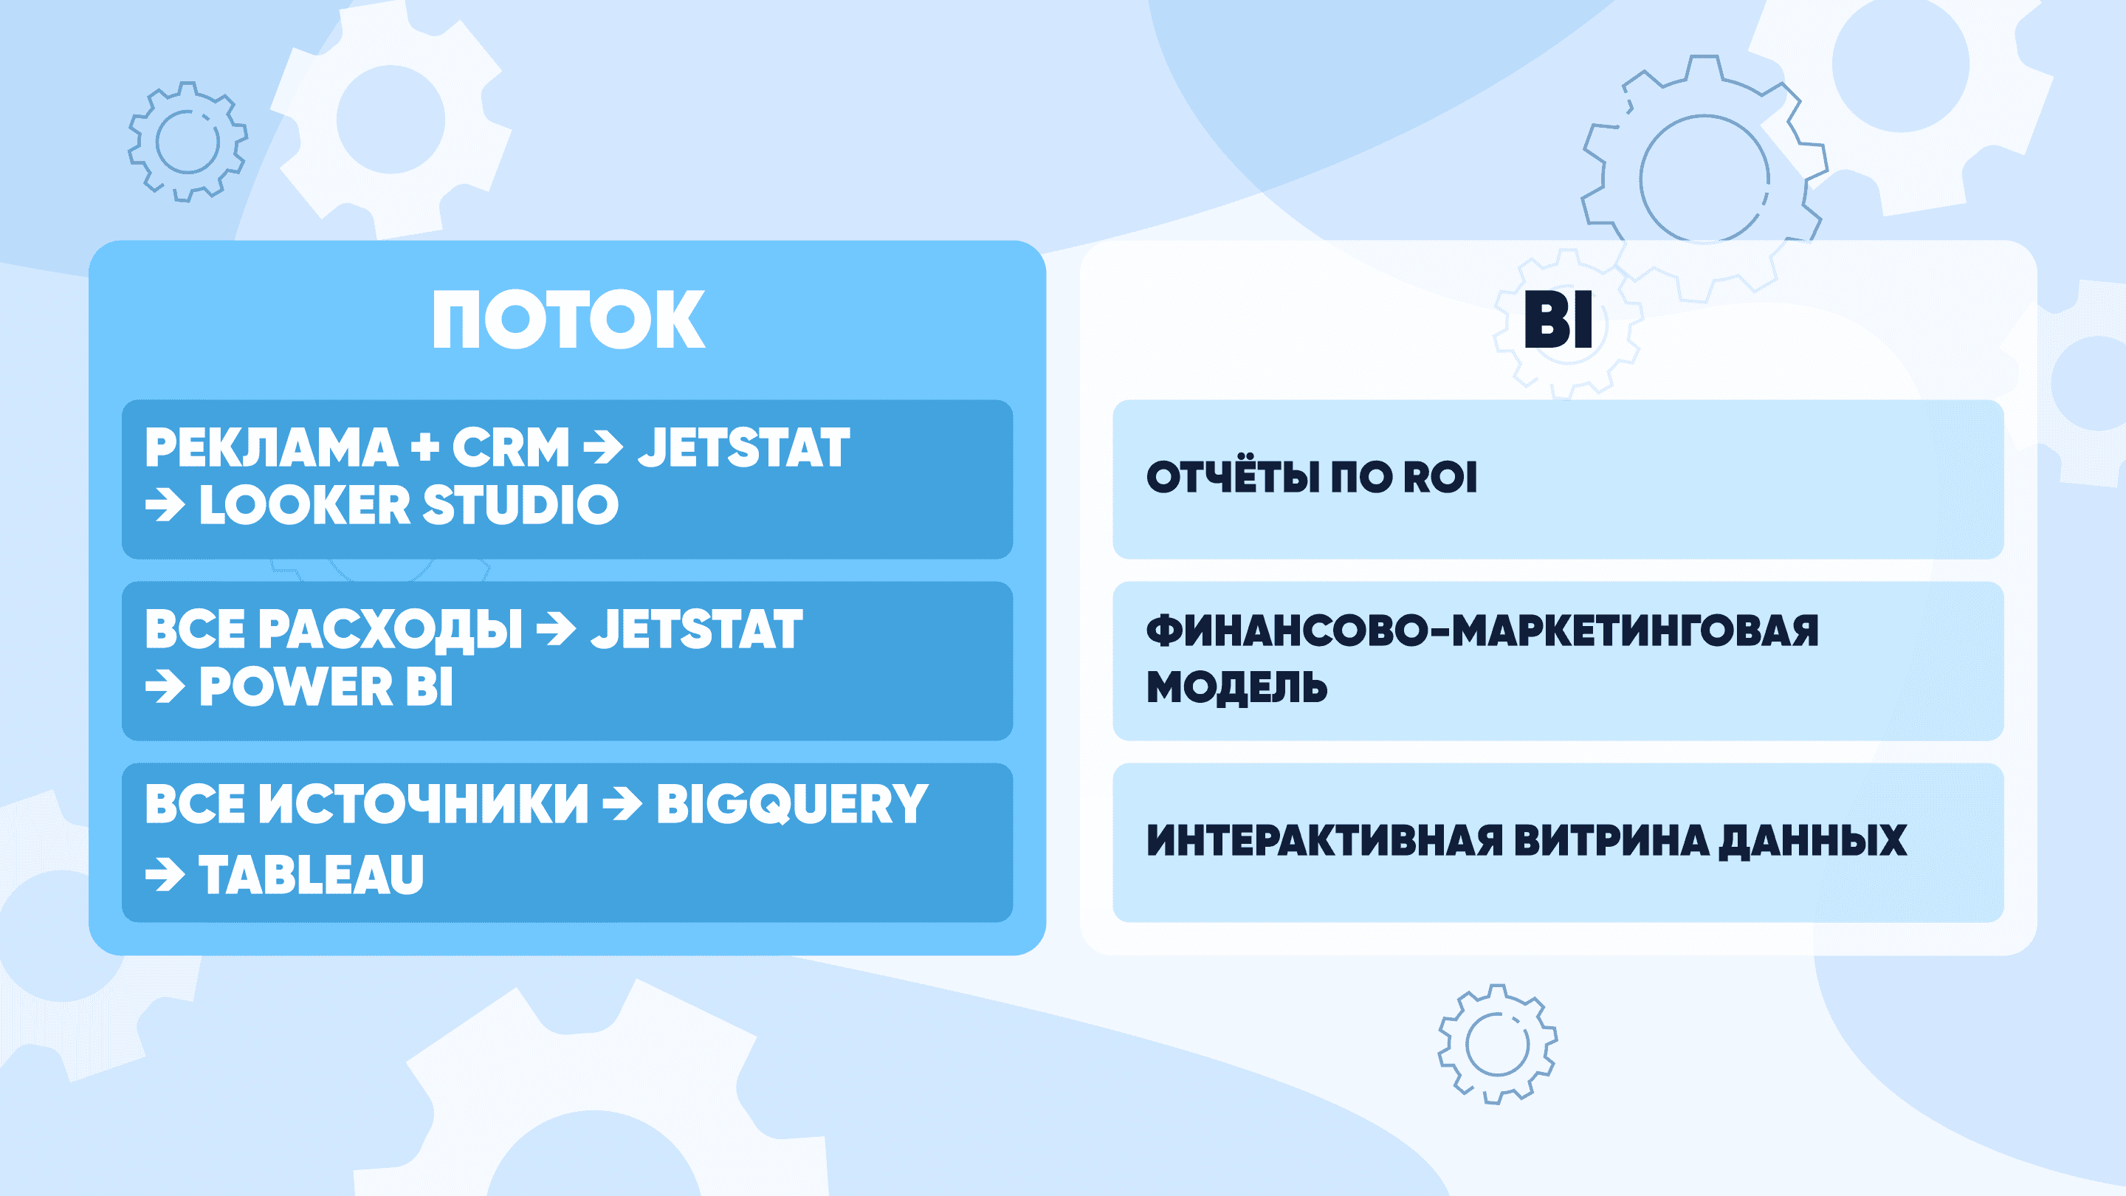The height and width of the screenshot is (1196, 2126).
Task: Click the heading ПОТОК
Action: pos(568,320)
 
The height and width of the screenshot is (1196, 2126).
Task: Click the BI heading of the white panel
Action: pos(1558,320)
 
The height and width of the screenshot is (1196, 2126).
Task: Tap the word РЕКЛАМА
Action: pos(272,447)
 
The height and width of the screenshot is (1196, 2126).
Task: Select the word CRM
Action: pos(511,447)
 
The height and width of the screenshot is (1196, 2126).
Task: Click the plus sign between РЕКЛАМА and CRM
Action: pos(425,448)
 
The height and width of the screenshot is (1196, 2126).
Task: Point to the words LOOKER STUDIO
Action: pos(408,504)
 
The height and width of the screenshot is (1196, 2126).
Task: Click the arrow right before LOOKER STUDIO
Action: pos(165,505)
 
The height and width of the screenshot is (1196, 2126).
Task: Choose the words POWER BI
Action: pos(326,686)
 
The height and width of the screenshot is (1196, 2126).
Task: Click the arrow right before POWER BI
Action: pos(165,687)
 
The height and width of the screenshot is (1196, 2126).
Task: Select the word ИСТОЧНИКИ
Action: pos(424,804)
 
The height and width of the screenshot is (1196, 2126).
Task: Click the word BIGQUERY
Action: pos(792,805)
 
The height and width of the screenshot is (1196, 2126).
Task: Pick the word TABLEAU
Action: pos(311,874)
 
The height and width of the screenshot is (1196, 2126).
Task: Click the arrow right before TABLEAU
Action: pos(165,875)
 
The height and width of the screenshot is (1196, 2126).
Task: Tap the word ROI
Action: pos(1440,477)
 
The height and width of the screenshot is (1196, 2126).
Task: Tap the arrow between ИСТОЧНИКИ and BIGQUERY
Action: pos(622,804)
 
